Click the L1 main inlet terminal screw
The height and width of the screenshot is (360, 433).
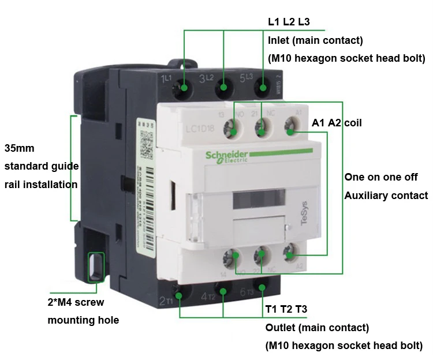click(185, 88)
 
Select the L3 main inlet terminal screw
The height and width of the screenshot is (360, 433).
click(263, 88)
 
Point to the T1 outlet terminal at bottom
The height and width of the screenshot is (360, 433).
click(179, 295)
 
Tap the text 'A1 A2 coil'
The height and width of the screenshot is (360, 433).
click(337, 123)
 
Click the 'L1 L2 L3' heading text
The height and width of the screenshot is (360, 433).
click(289, 22)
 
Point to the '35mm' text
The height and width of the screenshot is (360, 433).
click(20, 148)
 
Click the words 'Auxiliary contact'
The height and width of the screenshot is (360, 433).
click(386, 196)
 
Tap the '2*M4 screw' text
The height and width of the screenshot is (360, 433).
click(75, 302)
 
